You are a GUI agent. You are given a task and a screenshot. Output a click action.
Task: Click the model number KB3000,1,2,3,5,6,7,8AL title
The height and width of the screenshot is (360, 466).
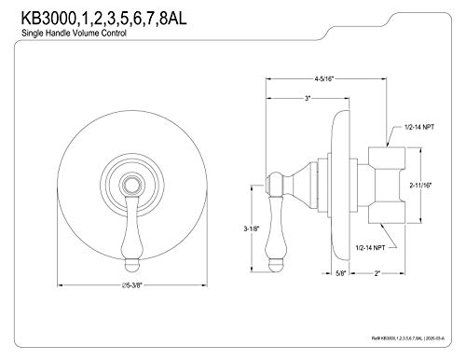(103, 18)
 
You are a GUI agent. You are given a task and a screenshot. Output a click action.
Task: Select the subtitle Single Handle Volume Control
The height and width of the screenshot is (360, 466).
(74, 33)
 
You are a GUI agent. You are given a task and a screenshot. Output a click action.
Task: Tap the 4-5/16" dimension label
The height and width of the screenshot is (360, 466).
(323, 79)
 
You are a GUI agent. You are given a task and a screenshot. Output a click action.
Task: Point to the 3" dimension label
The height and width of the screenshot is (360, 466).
(308, 99)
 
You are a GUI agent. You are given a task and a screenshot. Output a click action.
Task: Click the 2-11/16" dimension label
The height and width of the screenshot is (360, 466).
(420, 186)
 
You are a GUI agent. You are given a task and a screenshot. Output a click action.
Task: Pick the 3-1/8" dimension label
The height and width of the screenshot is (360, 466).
(252, 228)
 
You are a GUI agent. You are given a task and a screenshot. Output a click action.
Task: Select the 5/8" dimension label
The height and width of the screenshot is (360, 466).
(341, 273)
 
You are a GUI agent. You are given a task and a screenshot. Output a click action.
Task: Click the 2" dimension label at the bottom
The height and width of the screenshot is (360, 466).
(377, 273)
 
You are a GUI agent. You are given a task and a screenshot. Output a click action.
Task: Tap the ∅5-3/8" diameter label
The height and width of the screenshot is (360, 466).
(132, 285)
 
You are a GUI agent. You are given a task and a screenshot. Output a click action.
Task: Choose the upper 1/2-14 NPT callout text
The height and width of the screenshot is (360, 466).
(419, 127)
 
